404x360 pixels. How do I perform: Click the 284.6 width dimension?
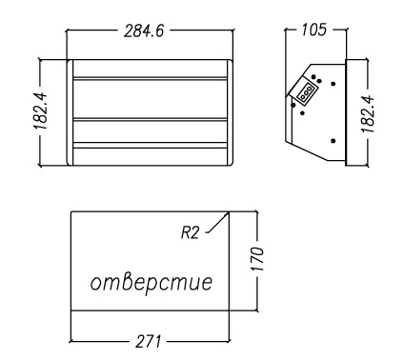click(x=144, y=31)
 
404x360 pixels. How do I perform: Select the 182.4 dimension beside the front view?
click(x=41, y=111)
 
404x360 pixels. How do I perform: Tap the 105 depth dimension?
click(x=313, y=30)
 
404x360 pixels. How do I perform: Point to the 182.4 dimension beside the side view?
click(x=368, y=114)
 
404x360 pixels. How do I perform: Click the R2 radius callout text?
click(x=190, y=232)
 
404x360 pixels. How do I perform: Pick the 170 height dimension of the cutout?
click(x=257, y=259)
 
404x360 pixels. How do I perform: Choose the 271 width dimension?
click(x=149, y=342)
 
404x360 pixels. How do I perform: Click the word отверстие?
click(x=151, y=283)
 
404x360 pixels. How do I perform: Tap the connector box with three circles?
click(x=307, y=93)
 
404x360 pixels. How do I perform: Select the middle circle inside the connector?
click(x=307, y=93)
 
